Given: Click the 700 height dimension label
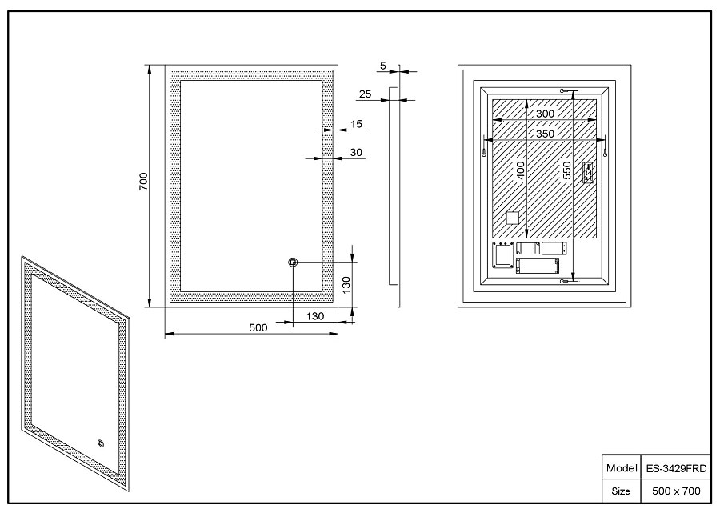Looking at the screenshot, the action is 144,182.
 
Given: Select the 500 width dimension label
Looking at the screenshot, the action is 258,327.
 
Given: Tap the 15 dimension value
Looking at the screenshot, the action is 356,124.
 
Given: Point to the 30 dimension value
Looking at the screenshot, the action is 356,153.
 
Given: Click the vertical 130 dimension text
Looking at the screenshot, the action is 346,285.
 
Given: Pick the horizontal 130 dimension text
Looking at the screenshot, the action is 315,316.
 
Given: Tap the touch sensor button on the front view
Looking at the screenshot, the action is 293,263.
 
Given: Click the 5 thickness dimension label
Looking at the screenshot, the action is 383,66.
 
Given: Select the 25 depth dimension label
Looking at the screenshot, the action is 365,94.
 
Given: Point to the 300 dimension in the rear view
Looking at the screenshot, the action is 545,114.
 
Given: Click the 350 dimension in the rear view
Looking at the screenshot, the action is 545,134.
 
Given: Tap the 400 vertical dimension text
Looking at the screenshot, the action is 520,170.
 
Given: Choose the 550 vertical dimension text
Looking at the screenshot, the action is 567,170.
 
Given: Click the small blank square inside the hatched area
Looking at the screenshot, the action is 512,218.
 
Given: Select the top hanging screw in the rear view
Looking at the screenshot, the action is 566,91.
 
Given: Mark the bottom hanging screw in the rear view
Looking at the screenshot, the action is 566,281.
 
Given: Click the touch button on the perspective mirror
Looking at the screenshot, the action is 101,443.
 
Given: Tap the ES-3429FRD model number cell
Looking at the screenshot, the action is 676,469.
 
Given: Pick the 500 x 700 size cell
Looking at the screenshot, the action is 676,491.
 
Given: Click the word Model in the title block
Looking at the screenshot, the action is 622,468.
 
